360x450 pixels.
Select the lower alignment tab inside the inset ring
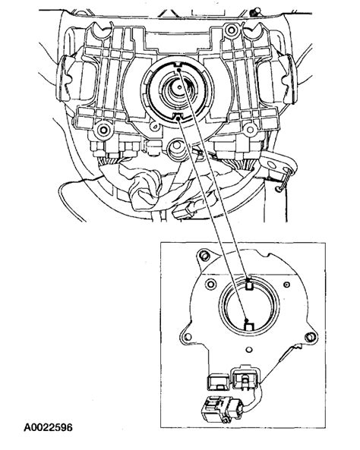coord(248,325)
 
